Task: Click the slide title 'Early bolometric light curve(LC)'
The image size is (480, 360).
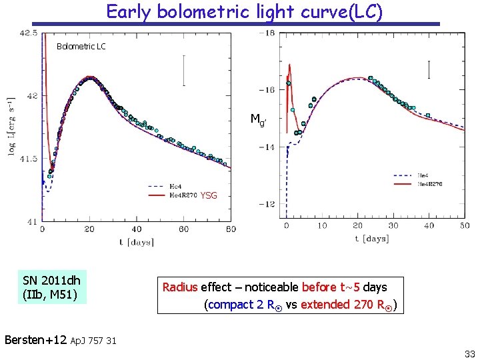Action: coord(244,12)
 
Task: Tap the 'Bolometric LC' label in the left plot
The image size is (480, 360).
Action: coord(81,47)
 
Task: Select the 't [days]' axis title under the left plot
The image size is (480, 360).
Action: coord(136,242)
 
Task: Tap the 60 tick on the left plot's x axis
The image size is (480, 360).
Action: coord(183,229)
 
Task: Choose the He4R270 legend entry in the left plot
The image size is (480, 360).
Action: coord(183,195)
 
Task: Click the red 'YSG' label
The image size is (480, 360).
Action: coord(209,196)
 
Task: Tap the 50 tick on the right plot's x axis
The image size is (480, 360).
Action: coord(464,225)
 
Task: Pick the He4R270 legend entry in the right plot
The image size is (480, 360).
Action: coord(429,183)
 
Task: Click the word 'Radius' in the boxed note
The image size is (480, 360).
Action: coord(180,287)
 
